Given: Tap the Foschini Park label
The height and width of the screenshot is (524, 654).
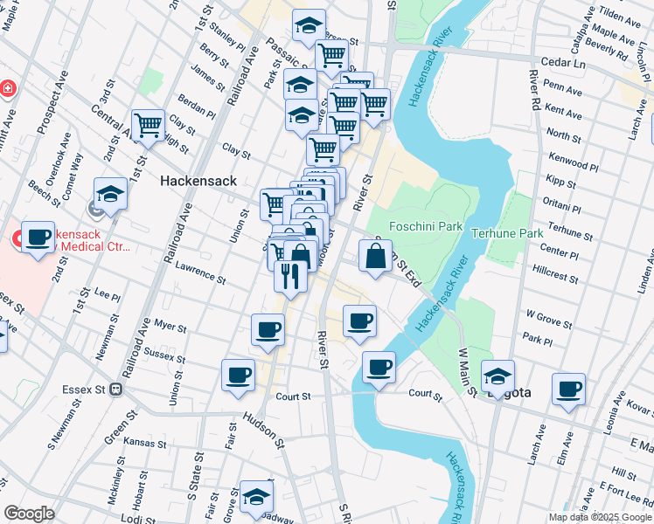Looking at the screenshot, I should click(x=427, y=226).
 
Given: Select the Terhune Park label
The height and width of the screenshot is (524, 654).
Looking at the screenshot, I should click(x=507, y=233).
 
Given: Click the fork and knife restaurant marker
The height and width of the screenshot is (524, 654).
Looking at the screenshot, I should click(x=289, y=276).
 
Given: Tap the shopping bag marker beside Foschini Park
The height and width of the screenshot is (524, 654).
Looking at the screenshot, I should click(x=375, y=257).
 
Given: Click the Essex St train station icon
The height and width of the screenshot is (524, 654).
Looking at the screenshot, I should click(x=115, y=390).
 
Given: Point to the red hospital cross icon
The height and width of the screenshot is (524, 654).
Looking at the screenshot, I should click(x=8, y=89).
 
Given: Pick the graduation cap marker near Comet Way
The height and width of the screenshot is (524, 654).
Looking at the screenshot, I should click(x=111, y=193).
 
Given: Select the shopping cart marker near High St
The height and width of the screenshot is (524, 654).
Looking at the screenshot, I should click(x=149, y=125).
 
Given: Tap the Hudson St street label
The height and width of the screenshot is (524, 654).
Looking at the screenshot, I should click(x=264, y=431).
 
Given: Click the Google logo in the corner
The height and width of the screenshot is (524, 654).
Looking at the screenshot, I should click(x=28, y=514).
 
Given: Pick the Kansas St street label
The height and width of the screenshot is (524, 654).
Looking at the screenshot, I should click(x=145, y=443).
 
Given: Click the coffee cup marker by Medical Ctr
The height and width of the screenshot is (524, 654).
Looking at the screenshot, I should click(x=38, y=237).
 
